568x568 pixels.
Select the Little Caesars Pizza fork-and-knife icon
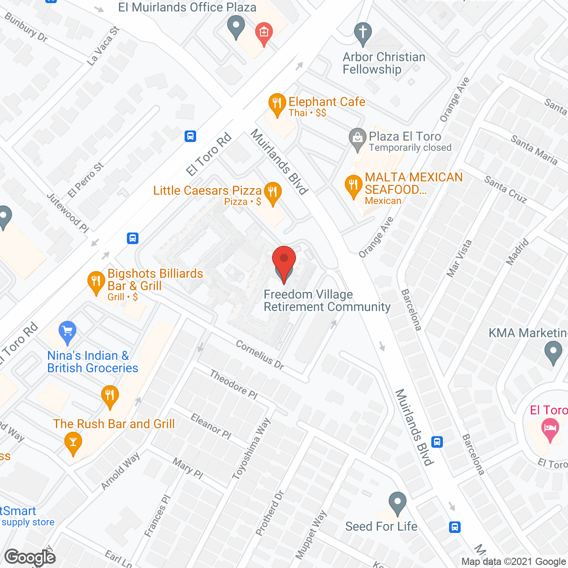click(x=273, y=193)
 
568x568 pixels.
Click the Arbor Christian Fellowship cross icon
click(x=363, y=33)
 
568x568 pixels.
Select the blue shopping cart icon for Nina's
click(x=67, y=331)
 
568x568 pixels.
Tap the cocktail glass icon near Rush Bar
click(x=73, y=443)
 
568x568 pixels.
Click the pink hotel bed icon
click(x=550, y=429)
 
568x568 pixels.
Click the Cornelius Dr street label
click(x=260, y=355)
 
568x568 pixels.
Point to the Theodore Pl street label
click(x=233, y=385)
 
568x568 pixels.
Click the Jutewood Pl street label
click(x=68, y=213)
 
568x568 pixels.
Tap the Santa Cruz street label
click(x=505, y=189)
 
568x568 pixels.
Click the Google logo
click(x=30, y=557)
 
